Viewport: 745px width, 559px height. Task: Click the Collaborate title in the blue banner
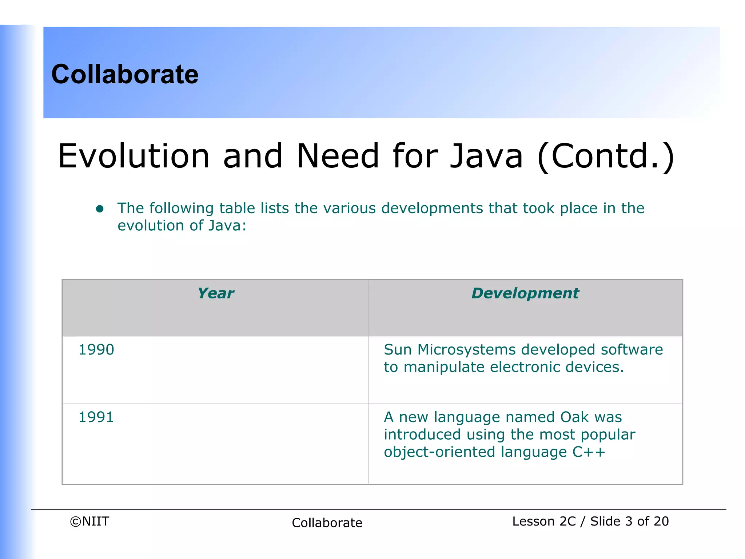point(125,74)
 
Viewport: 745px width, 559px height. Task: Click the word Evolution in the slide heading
point(134,156)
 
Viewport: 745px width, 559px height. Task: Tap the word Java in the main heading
point(486,156)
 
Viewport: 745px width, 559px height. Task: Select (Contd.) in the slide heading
point(606,156)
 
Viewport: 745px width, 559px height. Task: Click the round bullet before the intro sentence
point(100,209)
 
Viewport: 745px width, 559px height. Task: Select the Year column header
point(216,293)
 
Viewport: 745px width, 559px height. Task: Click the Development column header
point(525,293)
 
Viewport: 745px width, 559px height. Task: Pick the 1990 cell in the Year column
point(96,350)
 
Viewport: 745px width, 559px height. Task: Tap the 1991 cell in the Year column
point(96,417)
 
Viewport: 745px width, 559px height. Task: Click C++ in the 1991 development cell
point(589,452)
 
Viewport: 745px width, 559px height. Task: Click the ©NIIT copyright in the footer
point(89,522)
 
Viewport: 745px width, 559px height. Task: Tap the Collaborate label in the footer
point(327,523)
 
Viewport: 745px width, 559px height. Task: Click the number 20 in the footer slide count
point(661,522)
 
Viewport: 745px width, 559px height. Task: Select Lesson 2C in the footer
point(544,522)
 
